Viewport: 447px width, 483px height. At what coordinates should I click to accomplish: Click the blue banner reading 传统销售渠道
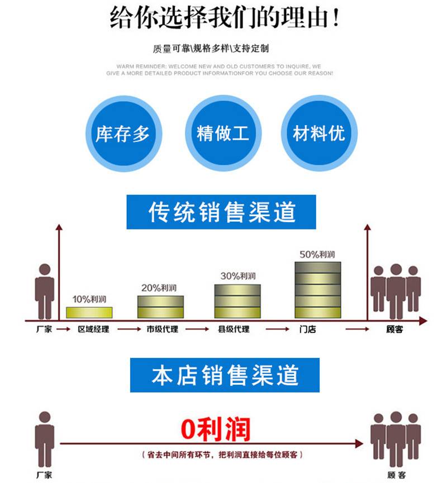tap(221, 212)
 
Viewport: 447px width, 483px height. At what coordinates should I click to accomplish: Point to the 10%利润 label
tap(89, 299)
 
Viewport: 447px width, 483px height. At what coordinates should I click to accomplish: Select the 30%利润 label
tap(237, 276)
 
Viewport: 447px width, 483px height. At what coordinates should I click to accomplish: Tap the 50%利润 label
tap(317, 254)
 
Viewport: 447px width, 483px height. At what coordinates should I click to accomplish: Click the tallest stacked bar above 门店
tap(317, 289)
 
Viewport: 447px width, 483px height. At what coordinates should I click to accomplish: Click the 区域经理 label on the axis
tap(93, 329)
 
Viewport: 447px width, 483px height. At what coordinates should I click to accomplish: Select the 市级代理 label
tap(162, 329)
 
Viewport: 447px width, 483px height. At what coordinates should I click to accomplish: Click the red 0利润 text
tap(216, 429)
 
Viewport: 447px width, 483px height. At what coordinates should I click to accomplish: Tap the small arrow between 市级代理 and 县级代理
tap(197, 329)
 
